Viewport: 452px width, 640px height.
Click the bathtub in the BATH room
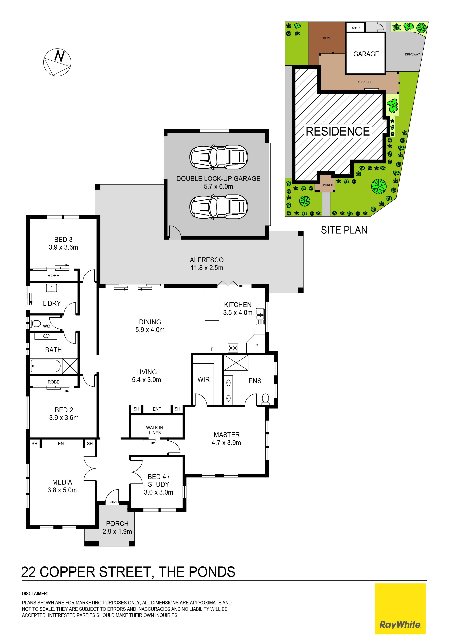46,366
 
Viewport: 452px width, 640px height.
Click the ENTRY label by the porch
112,502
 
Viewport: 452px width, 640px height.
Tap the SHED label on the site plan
356,28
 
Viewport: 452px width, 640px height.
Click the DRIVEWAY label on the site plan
412,54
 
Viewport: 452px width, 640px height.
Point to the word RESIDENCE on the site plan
338,131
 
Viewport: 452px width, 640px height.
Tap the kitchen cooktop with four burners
233,348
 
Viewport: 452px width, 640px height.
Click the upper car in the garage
219,157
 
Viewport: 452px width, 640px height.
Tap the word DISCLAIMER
35,594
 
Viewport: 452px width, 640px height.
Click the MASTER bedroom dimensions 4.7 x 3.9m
226,443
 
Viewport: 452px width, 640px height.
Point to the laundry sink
51,288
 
